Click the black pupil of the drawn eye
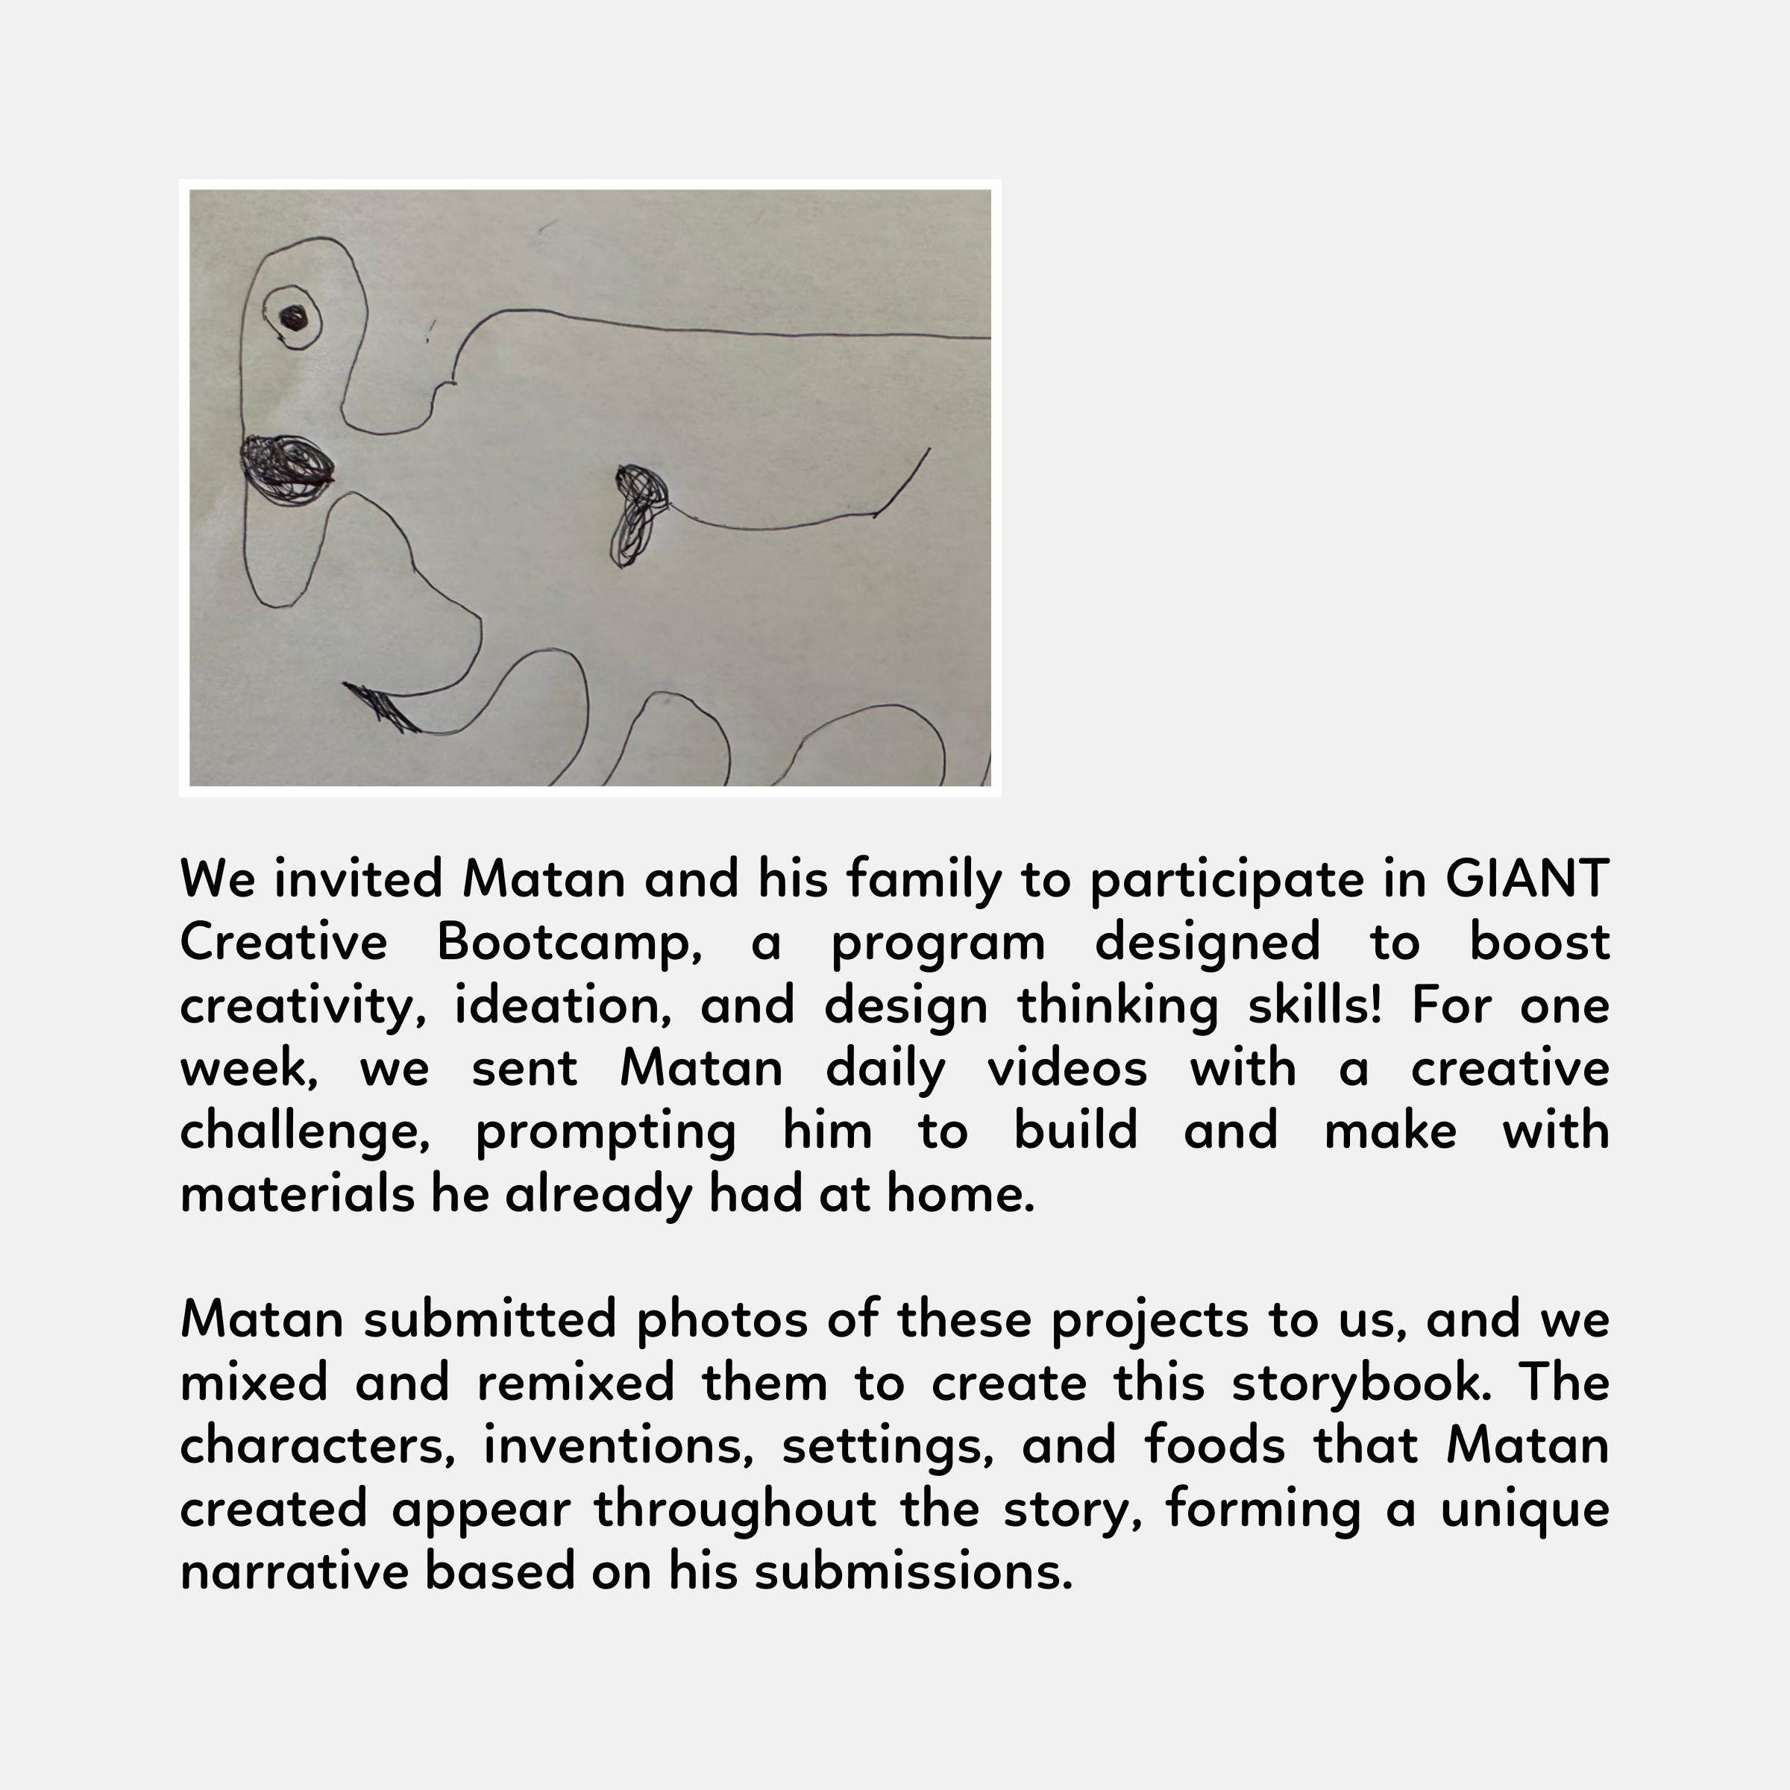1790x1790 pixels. pos(294,318)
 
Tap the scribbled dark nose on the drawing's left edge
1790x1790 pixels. pos(286,468)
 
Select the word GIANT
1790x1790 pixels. pos(1526,879)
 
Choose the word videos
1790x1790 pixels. pos(1067,1067)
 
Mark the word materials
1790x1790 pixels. pos(297,1193)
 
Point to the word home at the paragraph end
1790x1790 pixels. pos(960,1193)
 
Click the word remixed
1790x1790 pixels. pos(575,1382)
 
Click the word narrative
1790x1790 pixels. pos(294,1571)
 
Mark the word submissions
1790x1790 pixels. pos(914,1571)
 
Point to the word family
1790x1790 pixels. pos(924,879)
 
